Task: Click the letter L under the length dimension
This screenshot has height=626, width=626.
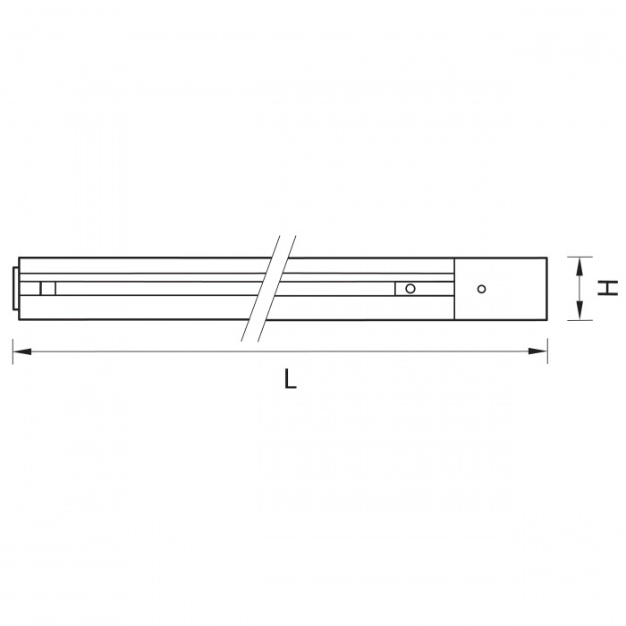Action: pyautogui.click(x=291, y=378)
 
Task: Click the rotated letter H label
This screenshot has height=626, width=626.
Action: pyautogui.click(x=607, y=288)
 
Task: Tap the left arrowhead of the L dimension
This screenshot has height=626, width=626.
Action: pyautogui.click(x=22, y=351)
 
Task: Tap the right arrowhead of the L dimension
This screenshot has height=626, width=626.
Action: pyautogui.click(x=537, y=351)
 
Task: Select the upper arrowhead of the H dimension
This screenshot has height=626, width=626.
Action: pyautogui.click(x=580, y=267)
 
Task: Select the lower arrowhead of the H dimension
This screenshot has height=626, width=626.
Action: pyautogui.click(x=580, y=310)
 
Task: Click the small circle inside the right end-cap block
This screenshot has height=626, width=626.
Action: pyautogui.click(x=481, y=289)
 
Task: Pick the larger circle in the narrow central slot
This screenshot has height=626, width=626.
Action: pyautogui.click(x=410, y=288)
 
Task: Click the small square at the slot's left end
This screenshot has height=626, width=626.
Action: pyautogui.click(x=47, y=288)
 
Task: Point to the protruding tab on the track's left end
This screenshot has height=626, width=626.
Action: pyautogui.click(x=15, y=288)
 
